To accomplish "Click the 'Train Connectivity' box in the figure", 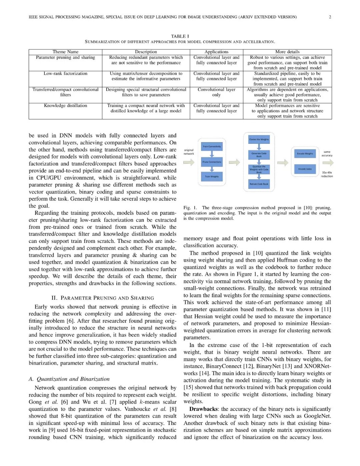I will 212,146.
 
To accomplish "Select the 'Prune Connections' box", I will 212,162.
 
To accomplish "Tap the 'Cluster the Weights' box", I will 259,139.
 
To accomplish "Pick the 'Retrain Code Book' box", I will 259,184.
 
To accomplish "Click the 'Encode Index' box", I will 305,169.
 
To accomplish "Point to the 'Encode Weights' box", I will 305,153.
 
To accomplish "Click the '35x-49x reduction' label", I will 327,174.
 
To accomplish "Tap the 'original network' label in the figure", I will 189,152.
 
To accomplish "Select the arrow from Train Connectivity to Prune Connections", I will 212,154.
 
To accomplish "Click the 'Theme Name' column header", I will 65,52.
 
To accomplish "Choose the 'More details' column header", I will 287,52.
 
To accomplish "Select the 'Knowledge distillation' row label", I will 65,106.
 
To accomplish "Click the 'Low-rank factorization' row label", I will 65,74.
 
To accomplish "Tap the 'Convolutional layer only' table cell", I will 216,92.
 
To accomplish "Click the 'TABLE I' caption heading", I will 180,36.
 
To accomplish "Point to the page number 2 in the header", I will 330,17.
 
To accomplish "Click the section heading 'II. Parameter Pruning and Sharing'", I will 103,298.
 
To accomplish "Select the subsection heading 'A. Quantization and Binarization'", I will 69,379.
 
